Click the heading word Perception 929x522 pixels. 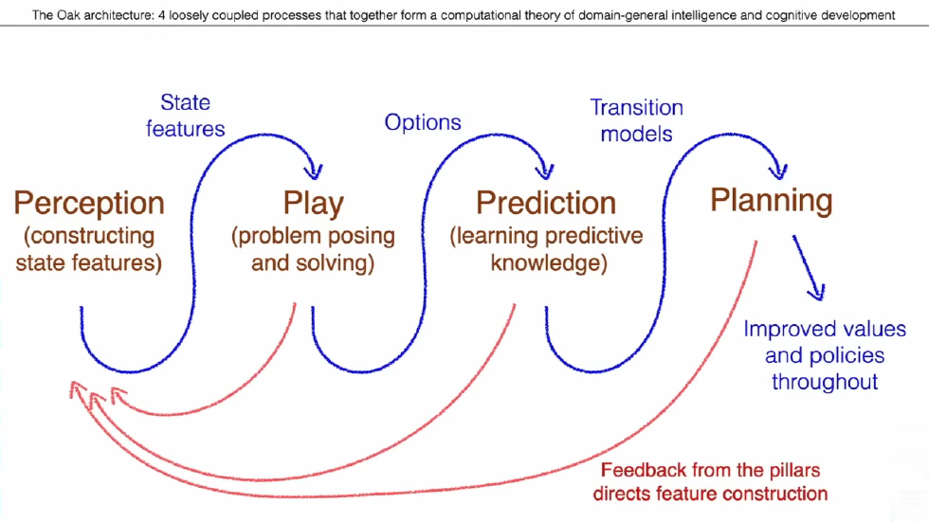pos(88,204)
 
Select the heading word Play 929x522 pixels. pos(313,205)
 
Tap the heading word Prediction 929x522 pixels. pos(546,203)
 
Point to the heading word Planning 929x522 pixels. pos(771,200)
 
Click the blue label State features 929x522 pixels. pos(185,116)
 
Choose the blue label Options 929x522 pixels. pos(423,122)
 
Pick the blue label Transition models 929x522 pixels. pos(636,120)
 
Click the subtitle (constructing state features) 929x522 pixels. pos(89,248)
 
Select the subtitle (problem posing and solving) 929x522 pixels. pos(313,249)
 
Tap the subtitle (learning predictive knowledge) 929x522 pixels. pos(547,248)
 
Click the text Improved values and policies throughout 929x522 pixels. pos(825,355)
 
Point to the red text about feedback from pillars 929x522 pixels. pos(710,481)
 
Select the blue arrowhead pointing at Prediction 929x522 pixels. pos(545,171)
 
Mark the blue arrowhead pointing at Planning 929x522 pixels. pos(779,171)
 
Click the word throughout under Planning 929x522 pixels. pos(825,382)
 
